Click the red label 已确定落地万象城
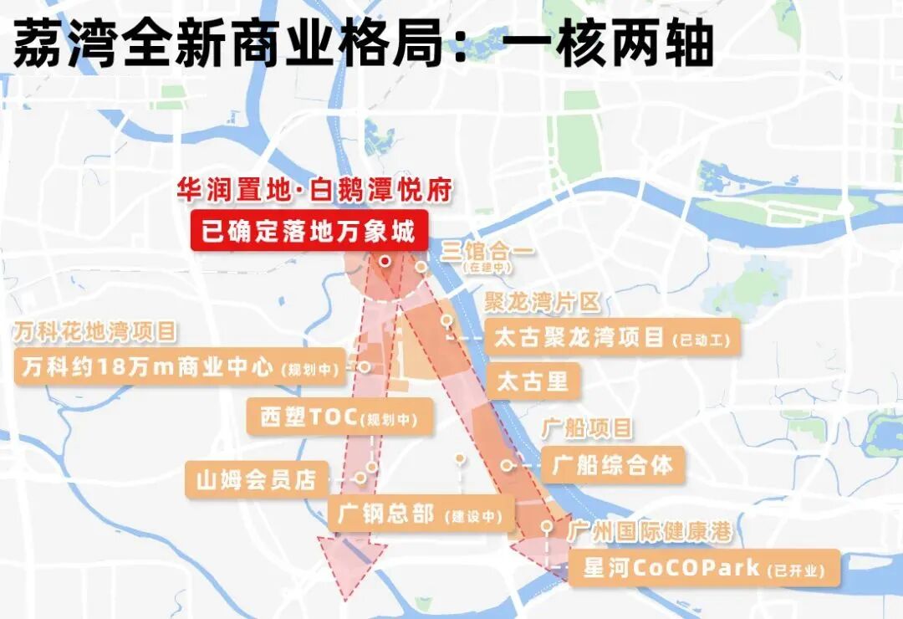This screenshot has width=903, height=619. point(309,229)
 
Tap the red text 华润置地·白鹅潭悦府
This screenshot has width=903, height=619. point(314,191)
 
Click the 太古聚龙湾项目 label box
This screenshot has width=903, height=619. point(612,338)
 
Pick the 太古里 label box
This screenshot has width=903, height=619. point(533,382)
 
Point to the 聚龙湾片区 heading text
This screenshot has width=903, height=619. point(543,302)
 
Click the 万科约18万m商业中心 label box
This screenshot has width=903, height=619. point(180,367)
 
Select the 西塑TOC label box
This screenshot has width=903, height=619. point(339,417)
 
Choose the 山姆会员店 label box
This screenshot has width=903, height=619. point(255,480)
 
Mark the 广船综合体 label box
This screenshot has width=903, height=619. point(613,465)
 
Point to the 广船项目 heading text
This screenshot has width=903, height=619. point(587,429)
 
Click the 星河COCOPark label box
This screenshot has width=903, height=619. point(704,569)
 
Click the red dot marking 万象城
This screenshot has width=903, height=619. point(384,261)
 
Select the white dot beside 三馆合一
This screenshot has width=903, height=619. point(422,268)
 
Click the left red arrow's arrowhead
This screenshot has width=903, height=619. point(344,569)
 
